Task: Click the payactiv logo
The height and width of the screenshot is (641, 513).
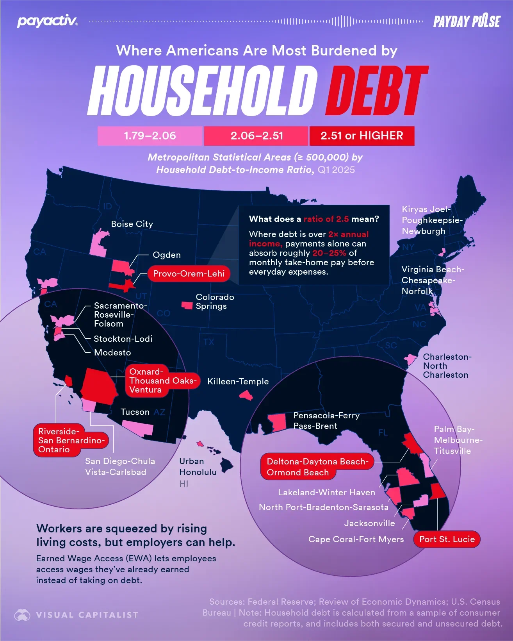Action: pyautogui.click(x=47, y=21)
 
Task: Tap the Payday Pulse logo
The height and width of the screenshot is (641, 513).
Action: pyautogui.click(x=467, y=21)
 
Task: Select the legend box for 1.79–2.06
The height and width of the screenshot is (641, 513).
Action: pyautogui.click(x=150, y=136)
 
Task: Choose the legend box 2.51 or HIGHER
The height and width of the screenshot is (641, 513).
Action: pyautogui.click(x=362, y=136)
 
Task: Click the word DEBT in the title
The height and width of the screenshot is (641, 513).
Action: pyautogui.click(x=377, y=91)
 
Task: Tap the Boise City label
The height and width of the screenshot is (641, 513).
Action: pyautogui.click(x=132, y=224)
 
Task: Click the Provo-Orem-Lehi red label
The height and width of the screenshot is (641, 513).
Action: pyautogui.click(x=189, y=273)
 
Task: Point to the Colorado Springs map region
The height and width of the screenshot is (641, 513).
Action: pyautogui.click(x=187, y=305)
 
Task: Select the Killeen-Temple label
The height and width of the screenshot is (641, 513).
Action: pyautogui.click(x=238, y=381)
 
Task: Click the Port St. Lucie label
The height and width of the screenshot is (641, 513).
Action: pyautogui.click(x=447, y=539)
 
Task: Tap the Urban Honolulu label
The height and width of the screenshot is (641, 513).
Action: pyautogui.click(x=198, y=466)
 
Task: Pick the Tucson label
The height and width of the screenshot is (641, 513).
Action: pyautogui.click(x=135, y=412)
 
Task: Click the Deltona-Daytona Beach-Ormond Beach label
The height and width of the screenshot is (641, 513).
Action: pyautogui.click(x=317, y=467)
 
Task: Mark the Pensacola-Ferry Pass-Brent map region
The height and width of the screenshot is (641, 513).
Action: pyautogui.click(x=277, y=423)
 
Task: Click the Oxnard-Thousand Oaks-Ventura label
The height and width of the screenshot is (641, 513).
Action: pyautogui.click(x=162, y=380)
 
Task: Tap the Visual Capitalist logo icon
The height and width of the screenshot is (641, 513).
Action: pyautogui.click(x=22, y=615)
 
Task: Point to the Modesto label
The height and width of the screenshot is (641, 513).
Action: pyautogui.click(x=112, y=352)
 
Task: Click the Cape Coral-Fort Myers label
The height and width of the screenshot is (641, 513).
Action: pyautogui.click(x=356, y=539)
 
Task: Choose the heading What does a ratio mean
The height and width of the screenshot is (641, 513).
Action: pyautogui.click(x=314, y=219)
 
